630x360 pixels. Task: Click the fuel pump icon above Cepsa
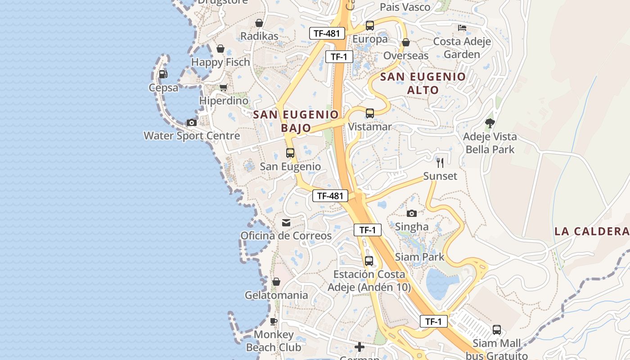[x=163, y=74]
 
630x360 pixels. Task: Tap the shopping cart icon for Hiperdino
[x=223, y=87]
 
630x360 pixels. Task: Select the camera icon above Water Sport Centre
[x=192, y=122]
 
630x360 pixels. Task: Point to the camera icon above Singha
[x=411, y=213]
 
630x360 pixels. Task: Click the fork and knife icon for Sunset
[x=440, y=162]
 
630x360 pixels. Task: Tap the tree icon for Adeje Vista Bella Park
[x=490, y=123]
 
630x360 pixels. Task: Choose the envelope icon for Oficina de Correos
[x=286, y=222]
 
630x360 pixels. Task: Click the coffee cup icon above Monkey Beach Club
[x=274, y=321]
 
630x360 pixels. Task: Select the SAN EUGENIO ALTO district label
[x=423, y=83]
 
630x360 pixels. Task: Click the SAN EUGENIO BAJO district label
[x=296, y=121]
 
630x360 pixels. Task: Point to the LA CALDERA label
[x=591, y=231]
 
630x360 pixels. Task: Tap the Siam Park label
[x=419, y=257]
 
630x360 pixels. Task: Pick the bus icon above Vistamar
[x=370, y=113]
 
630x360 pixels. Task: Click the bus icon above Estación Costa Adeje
[x=369, y=261]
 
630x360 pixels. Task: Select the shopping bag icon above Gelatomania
[x=276, y=282]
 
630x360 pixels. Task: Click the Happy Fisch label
[x=220, y=62]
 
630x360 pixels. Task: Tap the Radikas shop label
[x=259, y=36]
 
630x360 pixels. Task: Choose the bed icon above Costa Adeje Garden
[x=462, y=28]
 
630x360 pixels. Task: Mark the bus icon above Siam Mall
[x=497, y=330]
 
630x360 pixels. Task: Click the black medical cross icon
[x=360, y=347]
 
